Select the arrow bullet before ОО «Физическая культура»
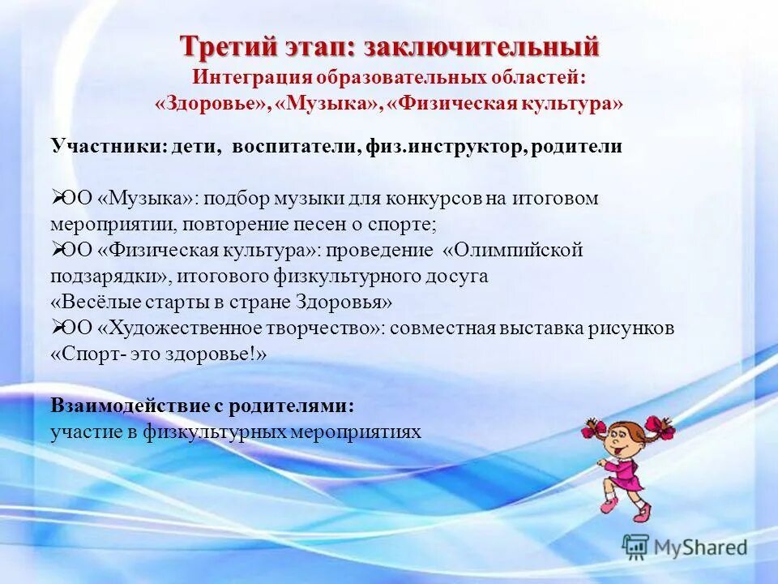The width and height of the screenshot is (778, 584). point(58,250)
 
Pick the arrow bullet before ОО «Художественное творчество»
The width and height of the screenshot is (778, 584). point(58,328)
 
